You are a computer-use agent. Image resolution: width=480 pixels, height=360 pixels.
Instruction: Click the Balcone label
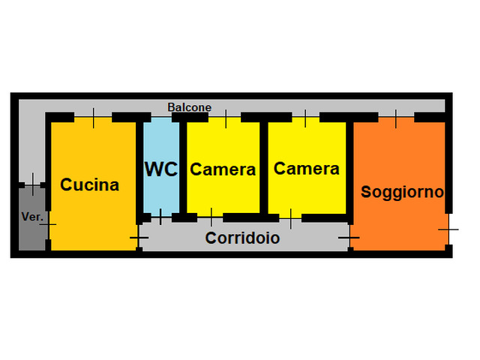point(189,107)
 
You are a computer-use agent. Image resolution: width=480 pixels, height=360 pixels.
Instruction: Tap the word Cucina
point(90,184)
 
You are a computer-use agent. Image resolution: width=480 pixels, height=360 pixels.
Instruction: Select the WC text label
point(161,169)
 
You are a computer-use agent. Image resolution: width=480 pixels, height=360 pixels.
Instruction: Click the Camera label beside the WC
point(223,169)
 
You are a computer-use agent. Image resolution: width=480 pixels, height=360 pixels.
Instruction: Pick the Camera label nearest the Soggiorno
point(306,169)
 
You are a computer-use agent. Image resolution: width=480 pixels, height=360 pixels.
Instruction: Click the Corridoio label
point(242,238)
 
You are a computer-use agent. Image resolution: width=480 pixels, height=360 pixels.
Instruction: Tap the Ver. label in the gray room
point(31,217)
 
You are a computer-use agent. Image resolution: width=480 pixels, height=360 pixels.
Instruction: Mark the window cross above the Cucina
point(94,117)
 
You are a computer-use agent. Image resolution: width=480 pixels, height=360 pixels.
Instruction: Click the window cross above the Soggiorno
point(396,117)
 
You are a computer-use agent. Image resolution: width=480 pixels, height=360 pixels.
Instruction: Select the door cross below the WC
point(160,217)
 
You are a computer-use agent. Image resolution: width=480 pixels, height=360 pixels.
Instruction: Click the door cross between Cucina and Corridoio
point(139,238)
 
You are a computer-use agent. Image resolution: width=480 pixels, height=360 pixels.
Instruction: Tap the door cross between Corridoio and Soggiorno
point(349,238)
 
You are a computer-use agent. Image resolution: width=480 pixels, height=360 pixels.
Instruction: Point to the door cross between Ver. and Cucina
point(48,224)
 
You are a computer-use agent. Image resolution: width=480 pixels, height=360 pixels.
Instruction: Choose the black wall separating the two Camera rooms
point(264,166)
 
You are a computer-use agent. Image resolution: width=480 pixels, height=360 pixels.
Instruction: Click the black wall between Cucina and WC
point(140,166)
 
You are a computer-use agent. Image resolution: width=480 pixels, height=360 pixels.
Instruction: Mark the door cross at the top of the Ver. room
point(33,183)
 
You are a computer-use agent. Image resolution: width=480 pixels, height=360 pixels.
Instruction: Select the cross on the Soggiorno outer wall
point(448,226)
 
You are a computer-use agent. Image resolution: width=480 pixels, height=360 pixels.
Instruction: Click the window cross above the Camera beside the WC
point(226,117)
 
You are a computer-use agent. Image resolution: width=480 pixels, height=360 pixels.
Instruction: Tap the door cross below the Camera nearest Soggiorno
point(290,218)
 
